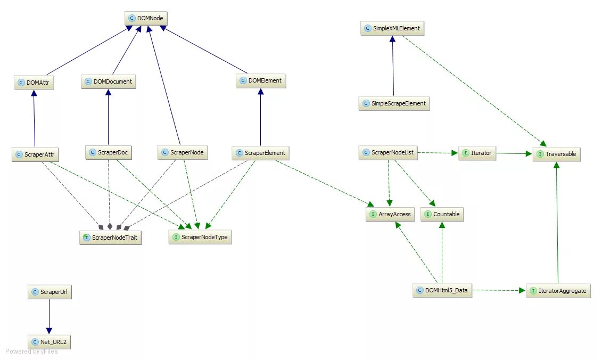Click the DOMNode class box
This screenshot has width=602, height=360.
pos(146,18)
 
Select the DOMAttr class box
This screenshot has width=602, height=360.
pos(35,83)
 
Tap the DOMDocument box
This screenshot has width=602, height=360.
pos(109,81)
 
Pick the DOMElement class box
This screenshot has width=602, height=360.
pos(261,81)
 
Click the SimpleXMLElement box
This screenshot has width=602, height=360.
pos(392,28)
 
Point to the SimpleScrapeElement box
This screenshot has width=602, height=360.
pos(394,103)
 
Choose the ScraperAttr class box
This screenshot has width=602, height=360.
pos(35,155)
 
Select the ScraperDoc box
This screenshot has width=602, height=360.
pos(108,153)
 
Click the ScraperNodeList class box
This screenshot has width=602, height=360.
pos(388,153)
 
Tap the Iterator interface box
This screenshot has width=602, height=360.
pos(477,153)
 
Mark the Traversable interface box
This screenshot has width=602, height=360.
pos(556,154)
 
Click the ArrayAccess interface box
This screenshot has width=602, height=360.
pos(390,214)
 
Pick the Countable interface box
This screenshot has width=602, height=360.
pos(442,214)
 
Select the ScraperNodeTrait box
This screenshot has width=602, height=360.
pos(111,238)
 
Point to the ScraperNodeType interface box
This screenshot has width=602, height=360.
pos(201,237)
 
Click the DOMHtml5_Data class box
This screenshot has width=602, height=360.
pos(442,290)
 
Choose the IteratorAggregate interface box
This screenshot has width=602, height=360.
pos(558,291)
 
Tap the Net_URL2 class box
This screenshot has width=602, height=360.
pos(49,342)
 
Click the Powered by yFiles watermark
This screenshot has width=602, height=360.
pos(32,351)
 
